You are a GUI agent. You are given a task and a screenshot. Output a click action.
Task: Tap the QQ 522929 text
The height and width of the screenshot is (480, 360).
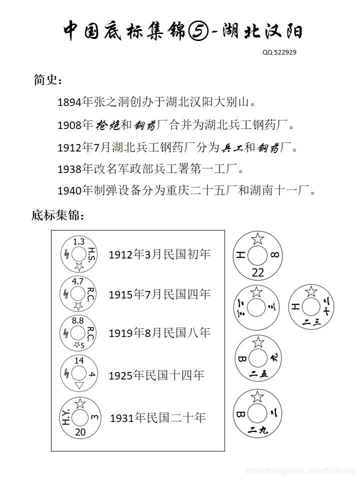coord(279,52)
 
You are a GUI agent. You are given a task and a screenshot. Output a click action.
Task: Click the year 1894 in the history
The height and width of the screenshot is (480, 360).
coord(69,103)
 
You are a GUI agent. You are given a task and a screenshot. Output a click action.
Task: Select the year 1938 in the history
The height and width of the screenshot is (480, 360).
coord(69,169)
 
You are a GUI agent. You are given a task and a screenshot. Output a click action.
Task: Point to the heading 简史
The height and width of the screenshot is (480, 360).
coord(48,79)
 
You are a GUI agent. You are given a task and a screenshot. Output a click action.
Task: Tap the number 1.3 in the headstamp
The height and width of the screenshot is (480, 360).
coord(78,241)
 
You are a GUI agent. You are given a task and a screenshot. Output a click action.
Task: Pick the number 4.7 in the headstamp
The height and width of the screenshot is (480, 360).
coord(78,281)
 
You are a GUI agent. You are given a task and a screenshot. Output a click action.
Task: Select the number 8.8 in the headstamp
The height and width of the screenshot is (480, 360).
coord(78,320)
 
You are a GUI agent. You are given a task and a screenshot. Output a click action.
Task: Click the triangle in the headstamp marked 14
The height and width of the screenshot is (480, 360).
coord(79,385)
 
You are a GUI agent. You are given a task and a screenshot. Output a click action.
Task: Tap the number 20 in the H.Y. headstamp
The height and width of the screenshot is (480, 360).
coord(80,432)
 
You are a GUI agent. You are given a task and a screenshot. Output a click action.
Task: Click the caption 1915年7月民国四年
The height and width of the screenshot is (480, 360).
coord(159,294)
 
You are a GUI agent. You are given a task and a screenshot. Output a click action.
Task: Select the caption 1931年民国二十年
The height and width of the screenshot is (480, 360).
coord(157,417)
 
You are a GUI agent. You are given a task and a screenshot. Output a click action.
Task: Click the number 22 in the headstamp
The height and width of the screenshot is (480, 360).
coord(258,272)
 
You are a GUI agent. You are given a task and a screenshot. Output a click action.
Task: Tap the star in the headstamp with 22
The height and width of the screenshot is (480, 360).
coord(257,238)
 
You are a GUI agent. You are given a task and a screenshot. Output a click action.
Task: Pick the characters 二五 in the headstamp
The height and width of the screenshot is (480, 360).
coord(258,374)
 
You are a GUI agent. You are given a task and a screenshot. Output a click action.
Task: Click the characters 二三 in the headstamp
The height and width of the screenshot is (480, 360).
coord(311,322)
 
